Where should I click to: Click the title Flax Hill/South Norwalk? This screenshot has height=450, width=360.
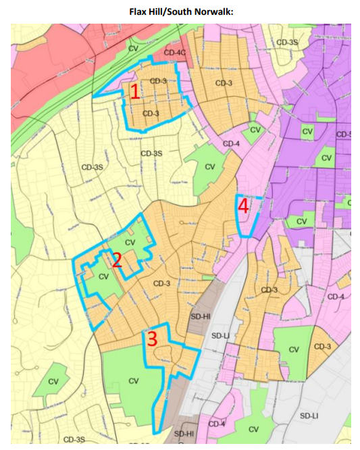tap(180, 11)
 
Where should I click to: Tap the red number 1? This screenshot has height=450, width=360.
tap(134, 91)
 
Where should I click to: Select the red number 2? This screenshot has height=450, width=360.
tap(116, 259)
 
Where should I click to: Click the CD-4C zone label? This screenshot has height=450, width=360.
tap(174, 52)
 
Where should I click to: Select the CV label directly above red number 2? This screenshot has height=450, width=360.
tap(130, 242)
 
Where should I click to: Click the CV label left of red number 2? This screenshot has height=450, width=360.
tap(103, 276)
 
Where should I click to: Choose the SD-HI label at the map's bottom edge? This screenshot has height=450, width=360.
tap(184, 433)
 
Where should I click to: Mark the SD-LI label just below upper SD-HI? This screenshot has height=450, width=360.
tap(221, 335)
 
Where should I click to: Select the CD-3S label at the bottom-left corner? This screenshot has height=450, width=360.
tap(74, 440)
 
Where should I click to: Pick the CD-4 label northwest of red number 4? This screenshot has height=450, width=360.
tap(231, 144)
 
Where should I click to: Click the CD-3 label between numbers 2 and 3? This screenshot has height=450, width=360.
tap(161, 283)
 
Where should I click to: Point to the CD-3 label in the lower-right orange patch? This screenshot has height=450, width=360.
tap(322, 347)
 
